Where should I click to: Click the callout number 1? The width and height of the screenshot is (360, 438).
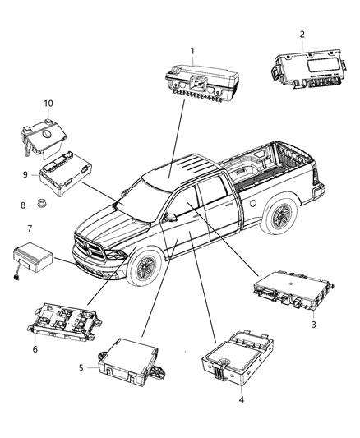(194, 51)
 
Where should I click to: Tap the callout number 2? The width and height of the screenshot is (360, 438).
(302, 34)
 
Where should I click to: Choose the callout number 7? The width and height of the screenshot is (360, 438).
(30, 227)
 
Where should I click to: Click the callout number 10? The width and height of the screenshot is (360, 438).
(48, 103)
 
